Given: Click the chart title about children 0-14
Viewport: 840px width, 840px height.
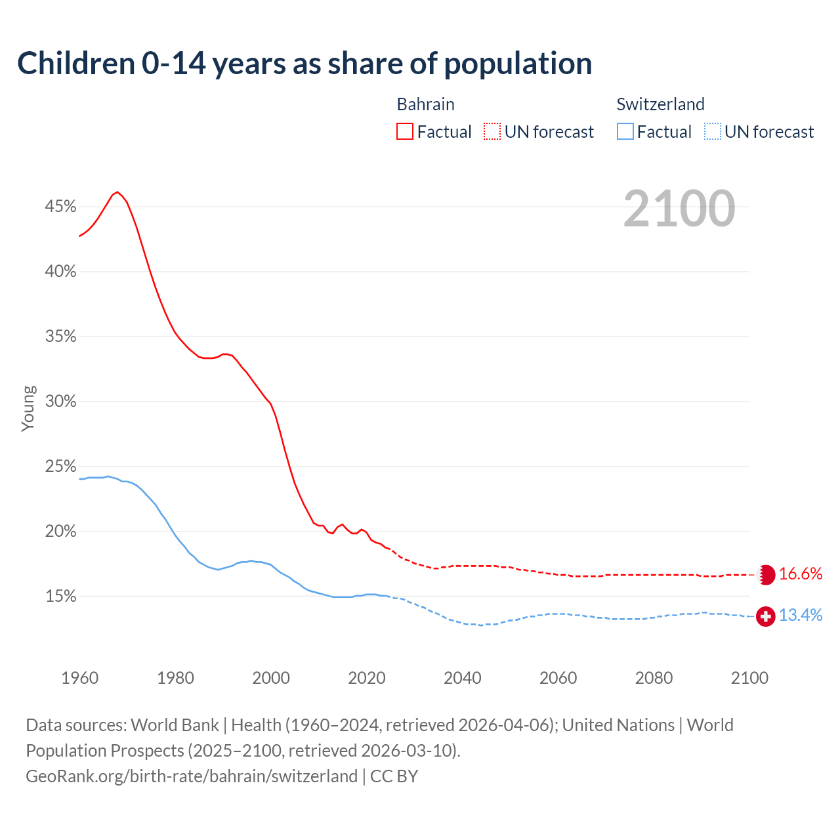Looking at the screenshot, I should (304, 64).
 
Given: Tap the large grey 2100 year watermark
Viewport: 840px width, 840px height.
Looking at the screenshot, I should (679, 209).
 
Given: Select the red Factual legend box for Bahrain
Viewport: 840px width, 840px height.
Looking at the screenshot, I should (405, 132).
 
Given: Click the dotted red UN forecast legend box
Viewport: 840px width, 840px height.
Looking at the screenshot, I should (492, 132).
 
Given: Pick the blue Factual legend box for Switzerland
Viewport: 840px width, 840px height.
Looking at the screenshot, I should (625, 132).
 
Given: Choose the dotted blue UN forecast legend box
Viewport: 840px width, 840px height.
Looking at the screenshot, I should (712, 132).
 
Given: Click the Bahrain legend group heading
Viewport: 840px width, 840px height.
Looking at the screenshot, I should (425, 104).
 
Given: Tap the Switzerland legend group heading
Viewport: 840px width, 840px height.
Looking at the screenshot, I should (660, 104).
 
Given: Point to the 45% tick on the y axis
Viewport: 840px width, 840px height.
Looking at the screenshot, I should (60, 207).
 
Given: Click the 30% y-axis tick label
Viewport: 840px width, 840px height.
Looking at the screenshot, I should (60, 402).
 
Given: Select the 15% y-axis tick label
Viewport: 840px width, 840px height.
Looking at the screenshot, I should (60, 597).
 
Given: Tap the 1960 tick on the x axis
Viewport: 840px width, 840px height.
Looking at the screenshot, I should (79, 678).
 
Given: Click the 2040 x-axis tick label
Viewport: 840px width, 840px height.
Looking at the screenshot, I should (462, 678).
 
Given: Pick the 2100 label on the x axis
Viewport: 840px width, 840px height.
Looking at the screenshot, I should (749, 678).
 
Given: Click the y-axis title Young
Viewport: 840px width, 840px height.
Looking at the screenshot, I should (28, 408).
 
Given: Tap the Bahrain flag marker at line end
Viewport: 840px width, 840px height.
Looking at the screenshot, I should (766, 574).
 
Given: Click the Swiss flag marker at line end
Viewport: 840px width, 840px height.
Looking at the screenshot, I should (765, 616).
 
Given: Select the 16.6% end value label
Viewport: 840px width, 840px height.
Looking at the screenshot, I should (800, 574).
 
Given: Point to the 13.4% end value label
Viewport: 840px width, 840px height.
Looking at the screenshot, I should (800, 616).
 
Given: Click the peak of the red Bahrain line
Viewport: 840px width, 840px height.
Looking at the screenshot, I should (117, 192).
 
